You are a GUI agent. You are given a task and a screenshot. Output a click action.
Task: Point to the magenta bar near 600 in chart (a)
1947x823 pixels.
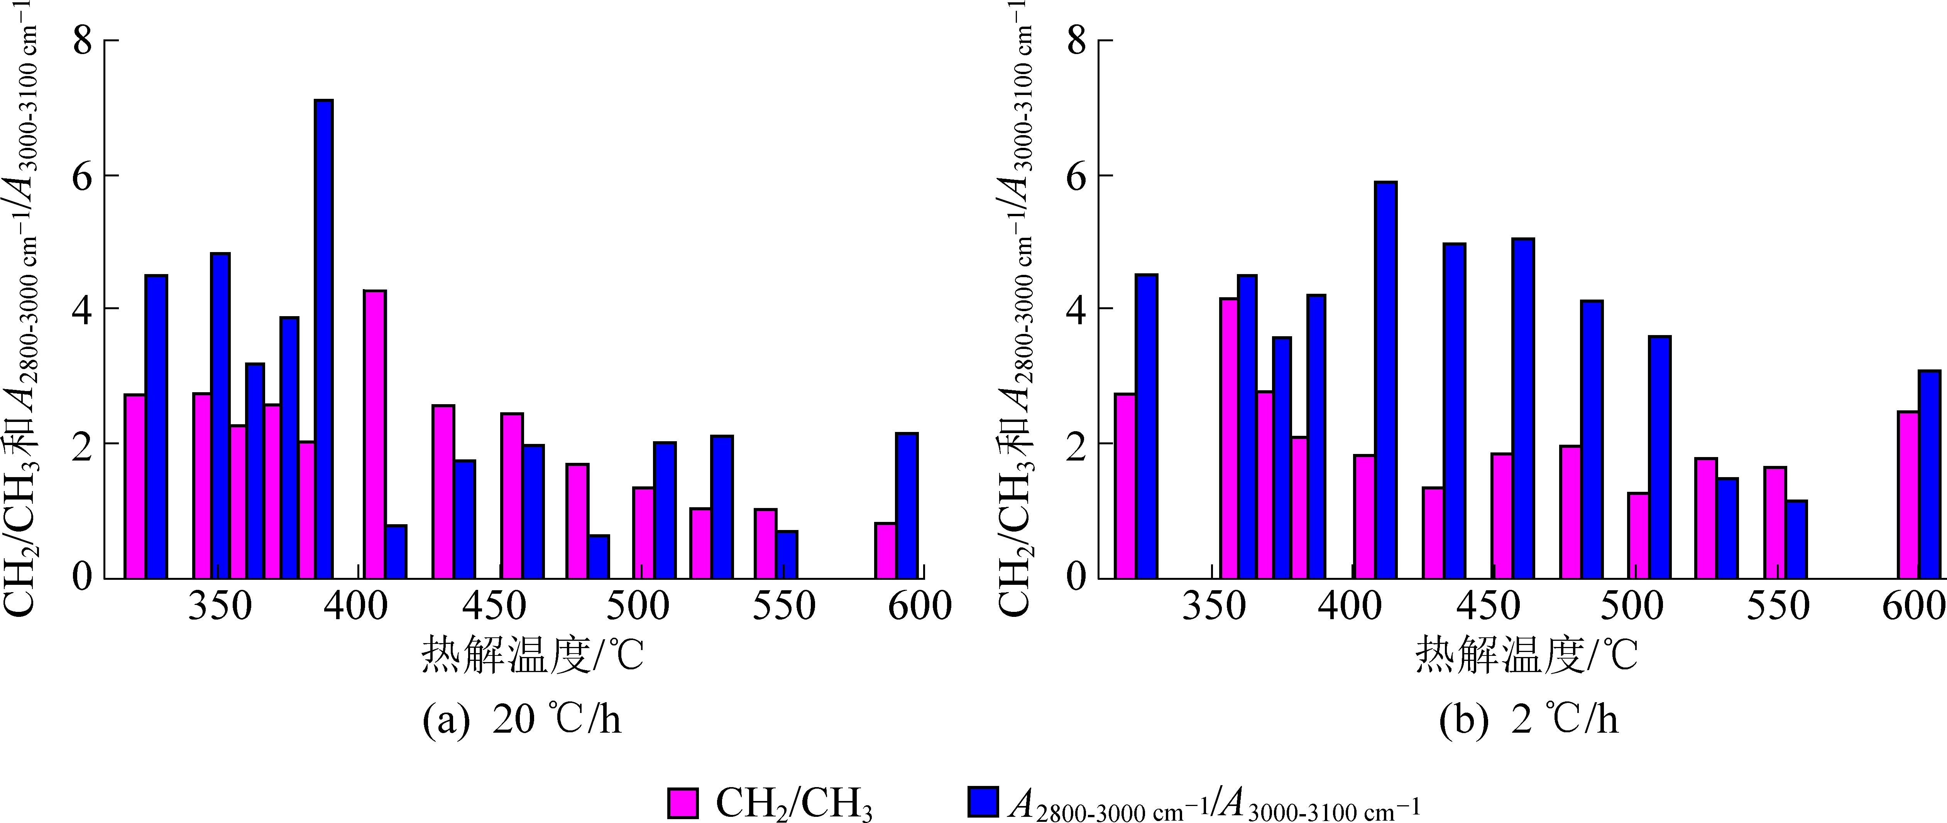[x=885, y=550]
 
